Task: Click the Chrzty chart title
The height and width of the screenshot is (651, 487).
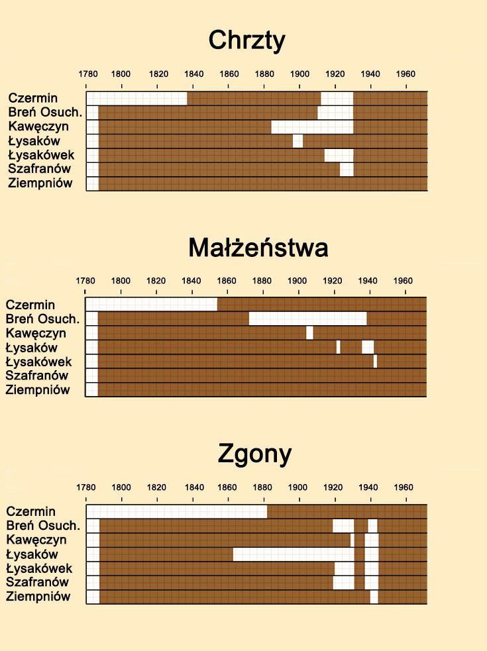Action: tap(246, 40)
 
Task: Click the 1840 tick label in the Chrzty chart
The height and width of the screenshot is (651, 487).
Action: tap(193, 74)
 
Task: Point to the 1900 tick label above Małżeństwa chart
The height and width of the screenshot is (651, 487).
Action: tap(296, 280)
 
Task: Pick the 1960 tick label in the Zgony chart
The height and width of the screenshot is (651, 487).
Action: tap(403, 487)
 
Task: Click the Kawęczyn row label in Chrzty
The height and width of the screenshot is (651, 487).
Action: tap(38, 126)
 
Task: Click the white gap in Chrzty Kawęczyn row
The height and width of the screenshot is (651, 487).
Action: tap(312, 126)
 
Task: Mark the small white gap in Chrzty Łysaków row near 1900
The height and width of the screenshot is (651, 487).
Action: tap(298, 141)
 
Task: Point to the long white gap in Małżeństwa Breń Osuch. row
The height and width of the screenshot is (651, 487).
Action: tap(307, 319)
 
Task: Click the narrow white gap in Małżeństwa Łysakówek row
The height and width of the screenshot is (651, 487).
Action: tap(375, 362)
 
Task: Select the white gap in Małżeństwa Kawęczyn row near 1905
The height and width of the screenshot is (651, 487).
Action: tap(310, 332)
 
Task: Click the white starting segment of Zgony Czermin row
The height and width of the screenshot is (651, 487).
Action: tap(176, 511)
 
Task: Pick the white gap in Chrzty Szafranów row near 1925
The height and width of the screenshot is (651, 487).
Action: tap(347, 170)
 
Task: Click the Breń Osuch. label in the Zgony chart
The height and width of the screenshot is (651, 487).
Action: tap(43, 526)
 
